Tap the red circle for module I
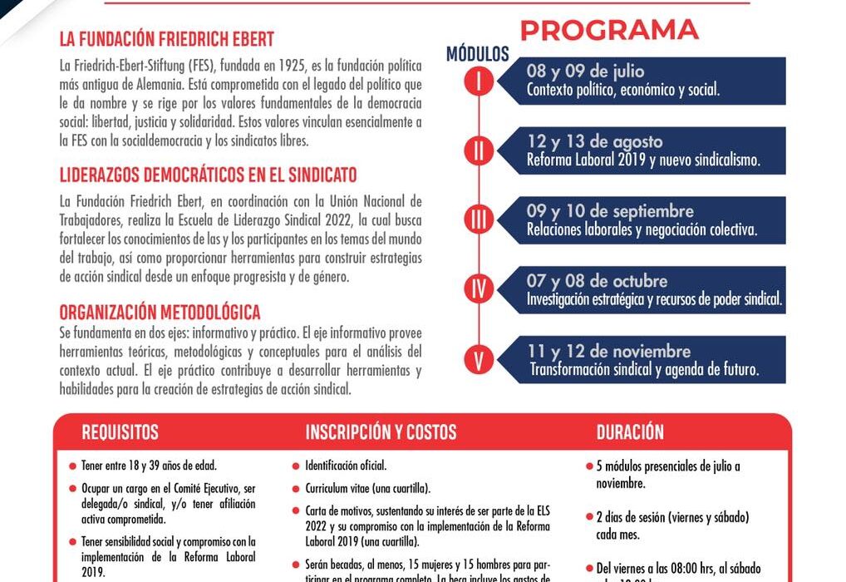[480, 81]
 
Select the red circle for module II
[480, 150]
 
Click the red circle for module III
[480, 219]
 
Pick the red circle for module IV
[480, 289]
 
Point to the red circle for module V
[480, 359]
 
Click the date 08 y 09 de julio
[585, 72]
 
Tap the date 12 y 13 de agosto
[594, 141]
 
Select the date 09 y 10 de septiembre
[610, 211]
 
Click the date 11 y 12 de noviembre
[610, 351]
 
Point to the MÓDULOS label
[477, 55]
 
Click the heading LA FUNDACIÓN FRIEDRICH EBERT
[166, 39]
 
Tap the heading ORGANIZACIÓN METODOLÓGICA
[160, 313]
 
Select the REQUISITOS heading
[120, 432]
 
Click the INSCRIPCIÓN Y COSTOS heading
[381, 432]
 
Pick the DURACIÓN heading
[630, 432]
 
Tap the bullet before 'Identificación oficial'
[297, 466]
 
